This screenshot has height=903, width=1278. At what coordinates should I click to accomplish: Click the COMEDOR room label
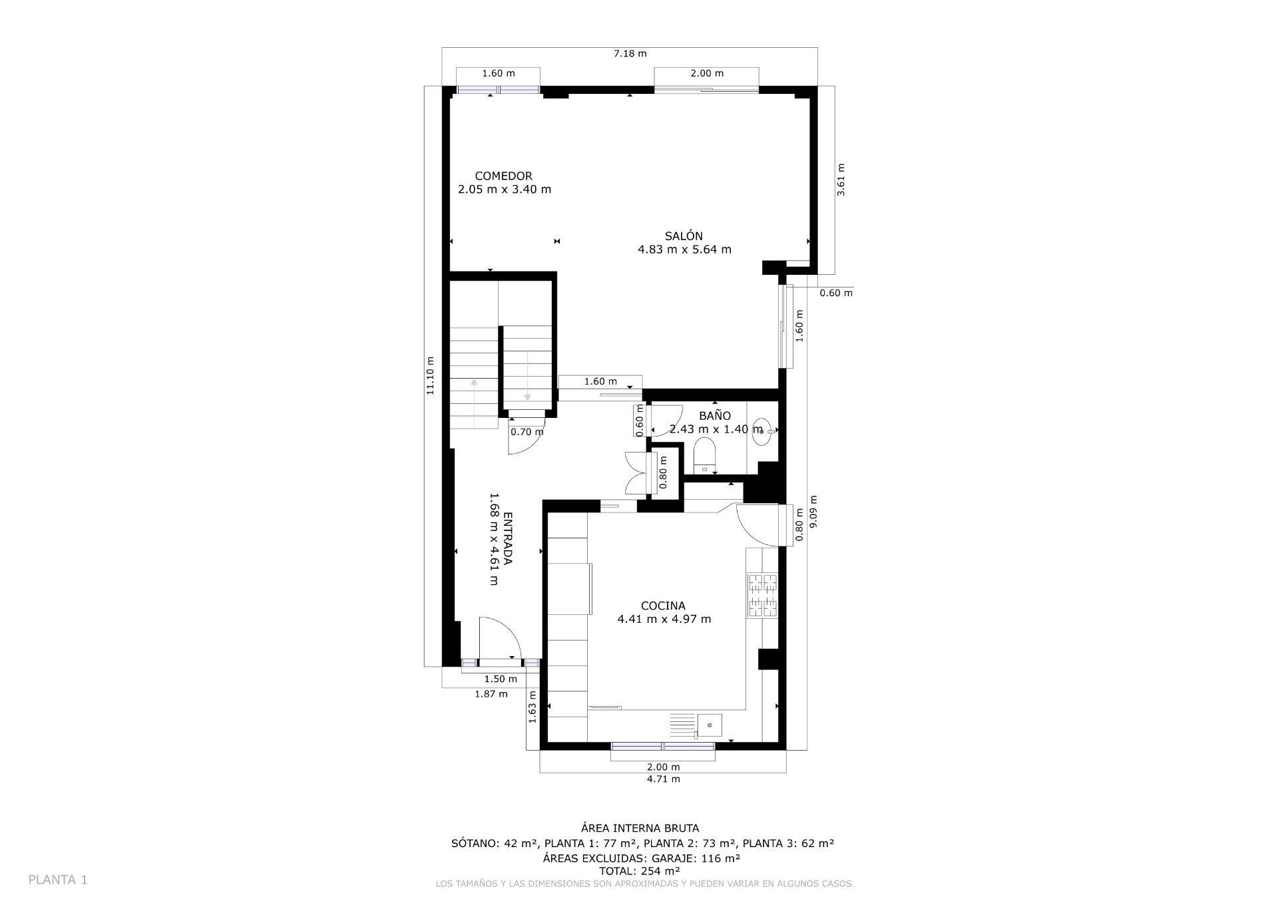(x=503, y=176)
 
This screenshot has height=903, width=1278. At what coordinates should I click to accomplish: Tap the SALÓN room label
(x=684, y=236)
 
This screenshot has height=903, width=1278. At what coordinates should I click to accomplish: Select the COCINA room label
(x=663, y=606)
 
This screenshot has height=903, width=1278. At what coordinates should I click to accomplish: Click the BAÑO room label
(x=714, y=416)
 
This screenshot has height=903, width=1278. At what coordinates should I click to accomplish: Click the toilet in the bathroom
(x=704, y=456)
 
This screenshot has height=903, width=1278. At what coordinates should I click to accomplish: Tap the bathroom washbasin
(x=763, y=431)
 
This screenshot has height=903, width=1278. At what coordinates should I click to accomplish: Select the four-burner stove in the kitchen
(x=763, y=595)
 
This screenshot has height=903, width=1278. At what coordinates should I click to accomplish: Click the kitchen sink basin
(x=710, y=725)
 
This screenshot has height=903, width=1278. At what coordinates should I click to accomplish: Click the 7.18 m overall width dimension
(x=630, y=54)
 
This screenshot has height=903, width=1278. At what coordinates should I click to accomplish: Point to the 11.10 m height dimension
(x=431, y=376)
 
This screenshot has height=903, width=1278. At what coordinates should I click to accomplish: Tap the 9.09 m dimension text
(x=813, y=512)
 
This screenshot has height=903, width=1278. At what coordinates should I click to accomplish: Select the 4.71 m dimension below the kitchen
(x=663, y=779)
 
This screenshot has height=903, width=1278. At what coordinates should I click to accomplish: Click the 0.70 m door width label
(x=527, y=432)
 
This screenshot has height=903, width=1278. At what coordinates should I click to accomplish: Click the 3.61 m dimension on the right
(x=841, y=180)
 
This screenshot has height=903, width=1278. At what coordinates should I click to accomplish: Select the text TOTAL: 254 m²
(x=639, y=870)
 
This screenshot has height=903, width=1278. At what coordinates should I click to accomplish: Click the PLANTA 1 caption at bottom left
(x=58, y=880)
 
